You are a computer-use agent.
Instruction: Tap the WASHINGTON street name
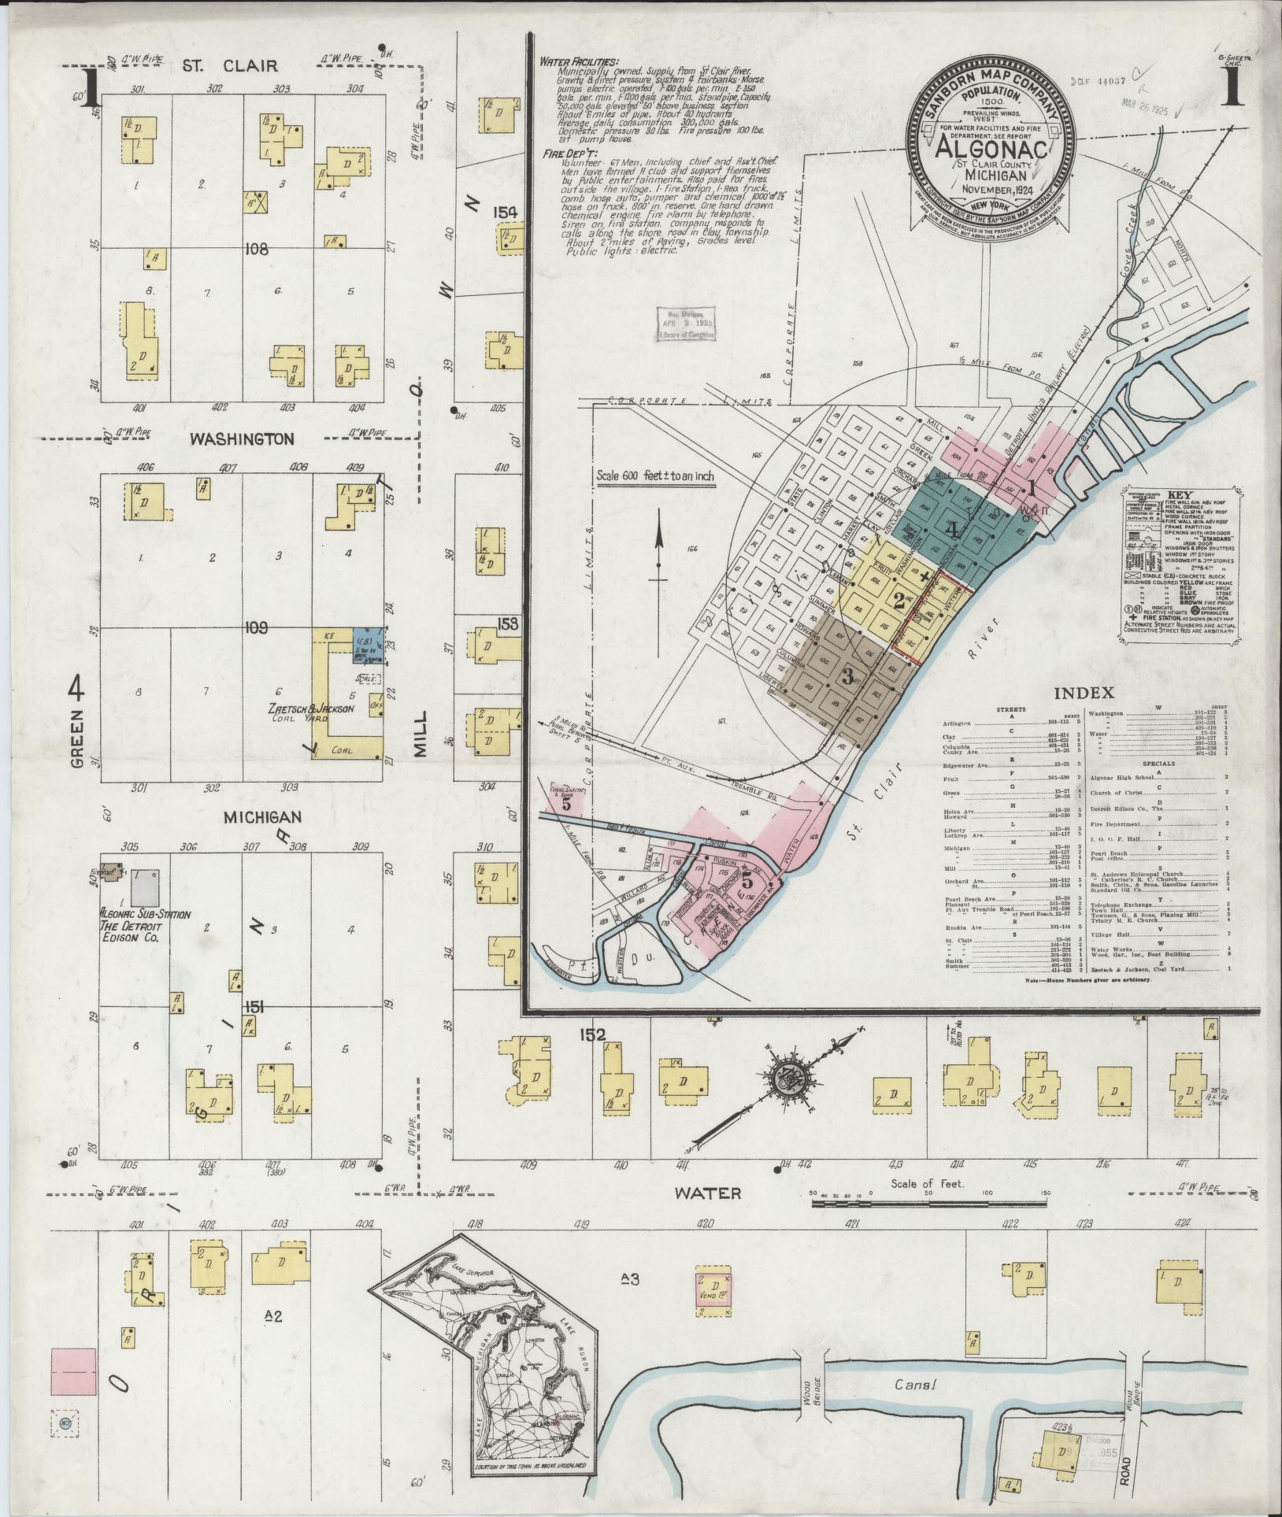coord(241,439)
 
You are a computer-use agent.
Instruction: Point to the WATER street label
coord(708,1215)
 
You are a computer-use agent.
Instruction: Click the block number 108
coord(256,250)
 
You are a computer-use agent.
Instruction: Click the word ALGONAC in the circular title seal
coord(991,147)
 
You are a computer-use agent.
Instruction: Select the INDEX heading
coord(1084,694)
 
